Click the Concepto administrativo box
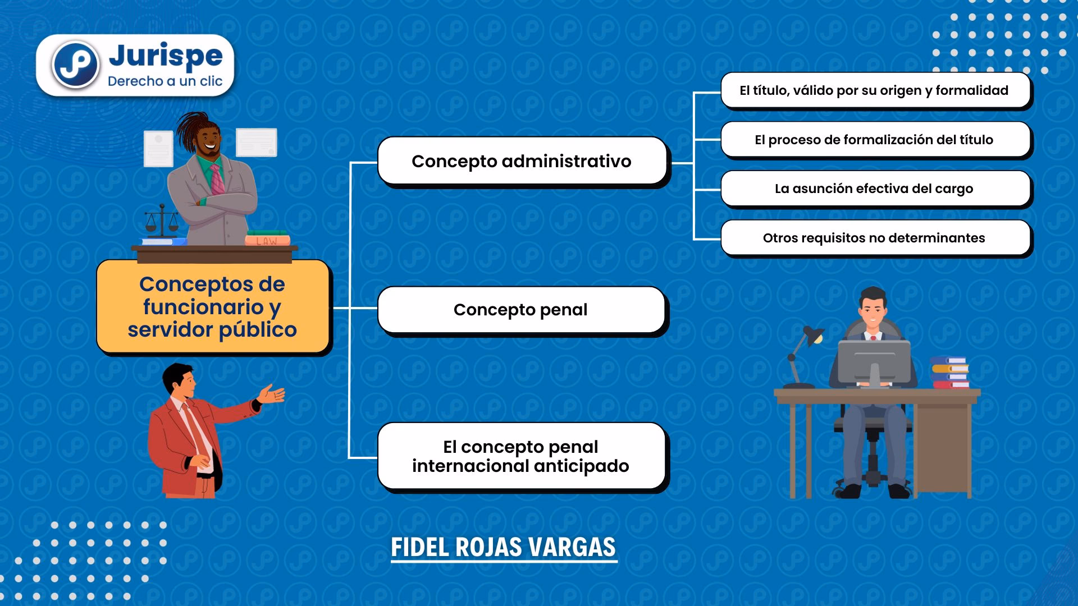522,161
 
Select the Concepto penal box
521,310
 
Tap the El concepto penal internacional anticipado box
521,456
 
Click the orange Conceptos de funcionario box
212,306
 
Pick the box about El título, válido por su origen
875,90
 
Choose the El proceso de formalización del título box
875,140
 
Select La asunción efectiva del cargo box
875,189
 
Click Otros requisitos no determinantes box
875,238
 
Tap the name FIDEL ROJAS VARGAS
504,547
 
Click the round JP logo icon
75,65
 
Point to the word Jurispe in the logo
166,56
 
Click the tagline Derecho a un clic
165,81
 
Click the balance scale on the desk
161,222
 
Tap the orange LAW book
267,241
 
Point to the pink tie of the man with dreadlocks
217,179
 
